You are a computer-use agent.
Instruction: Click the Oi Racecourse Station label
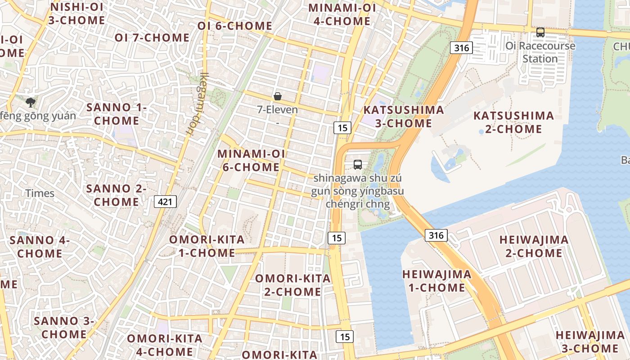coord(540,52)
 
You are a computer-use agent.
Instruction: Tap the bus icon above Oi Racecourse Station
coord(540,32)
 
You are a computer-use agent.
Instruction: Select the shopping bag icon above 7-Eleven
coord(278,96)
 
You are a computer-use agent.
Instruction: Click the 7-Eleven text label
coord(278,109)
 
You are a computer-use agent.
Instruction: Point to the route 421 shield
coord(165,202)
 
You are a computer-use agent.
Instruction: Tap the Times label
coord(40,193)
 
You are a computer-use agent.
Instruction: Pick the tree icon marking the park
coord(31,103)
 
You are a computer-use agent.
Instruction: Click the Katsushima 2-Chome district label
coord(513,122)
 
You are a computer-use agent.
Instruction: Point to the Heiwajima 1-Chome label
coord(436,281)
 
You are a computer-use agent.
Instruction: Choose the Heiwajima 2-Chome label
coord(534,246)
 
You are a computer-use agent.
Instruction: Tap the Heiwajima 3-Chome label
coord(589,342)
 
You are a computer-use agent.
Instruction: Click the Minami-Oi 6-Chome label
coord(251,160)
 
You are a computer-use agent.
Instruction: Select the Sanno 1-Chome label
coord(117,114)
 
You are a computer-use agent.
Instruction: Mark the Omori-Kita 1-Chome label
coord(207,246)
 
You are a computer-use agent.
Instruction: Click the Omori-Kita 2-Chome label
coord(293,285)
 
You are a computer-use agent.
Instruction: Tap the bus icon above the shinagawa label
coord(358,165)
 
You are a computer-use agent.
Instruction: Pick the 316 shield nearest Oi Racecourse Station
coord(461,47)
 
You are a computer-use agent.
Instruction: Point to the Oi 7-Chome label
coord(152,38)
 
